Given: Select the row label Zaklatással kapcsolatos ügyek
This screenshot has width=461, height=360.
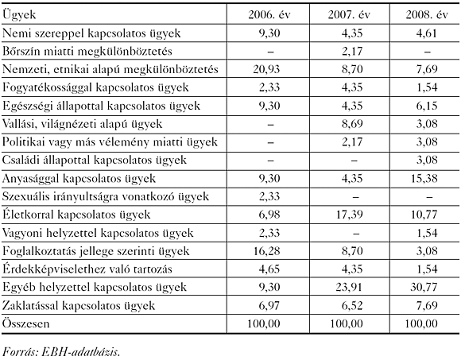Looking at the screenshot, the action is (x=88, y=305).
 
